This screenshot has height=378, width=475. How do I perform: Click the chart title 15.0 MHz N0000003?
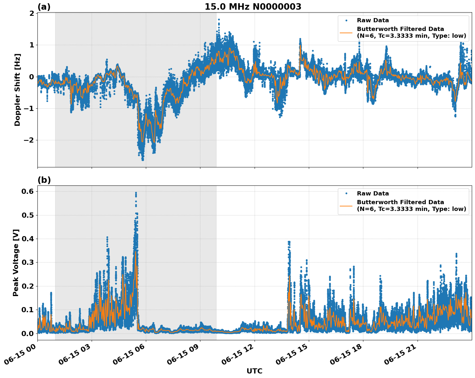coord(253,7)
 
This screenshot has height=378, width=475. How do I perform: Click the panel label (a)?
coord(44,7)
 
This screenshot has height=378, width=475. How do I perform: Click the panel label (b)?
coord(44,180)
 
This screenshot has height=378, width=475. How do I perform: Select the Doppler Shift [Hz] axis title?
coord(17,90)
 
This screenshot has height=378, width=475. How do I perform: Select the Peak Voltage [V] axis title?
coord(16,263)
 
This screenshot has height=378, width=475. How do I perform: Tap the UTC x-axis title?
coord(254,371)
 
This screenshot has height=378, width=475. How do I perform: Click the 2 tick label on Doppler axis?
coord(32,13)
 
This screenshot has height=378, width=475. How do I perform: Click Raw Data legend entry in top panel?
coord(373,20)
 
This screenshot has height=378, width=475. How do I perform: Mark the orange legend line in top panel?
coord(346,33)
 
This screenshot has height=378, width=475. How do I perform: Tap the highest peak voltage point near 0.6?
coord(136,193)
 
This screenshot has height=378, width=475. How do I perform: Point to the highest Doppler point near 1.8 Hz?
coord(219,20)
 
